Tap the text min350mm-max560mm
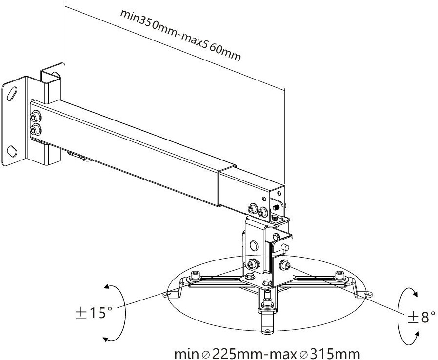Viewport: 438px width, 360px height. click(x=180, y=35)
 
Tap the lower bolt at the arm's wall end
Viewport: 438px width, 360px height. click(x=36, y=129)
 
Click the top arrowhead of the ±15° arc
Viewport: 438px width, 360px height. click(x=106, y=287)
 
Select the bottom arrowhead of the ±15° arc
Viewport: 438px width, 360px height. click(x=106, y=339)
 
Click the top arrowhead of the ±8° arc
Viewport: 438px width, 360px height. click(x=415, y=294)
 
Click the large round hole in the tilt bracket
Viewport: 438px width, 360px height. click(x=254, y=245)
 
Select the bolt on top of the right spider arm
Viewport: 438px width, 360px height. click(x=339, y=276)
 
